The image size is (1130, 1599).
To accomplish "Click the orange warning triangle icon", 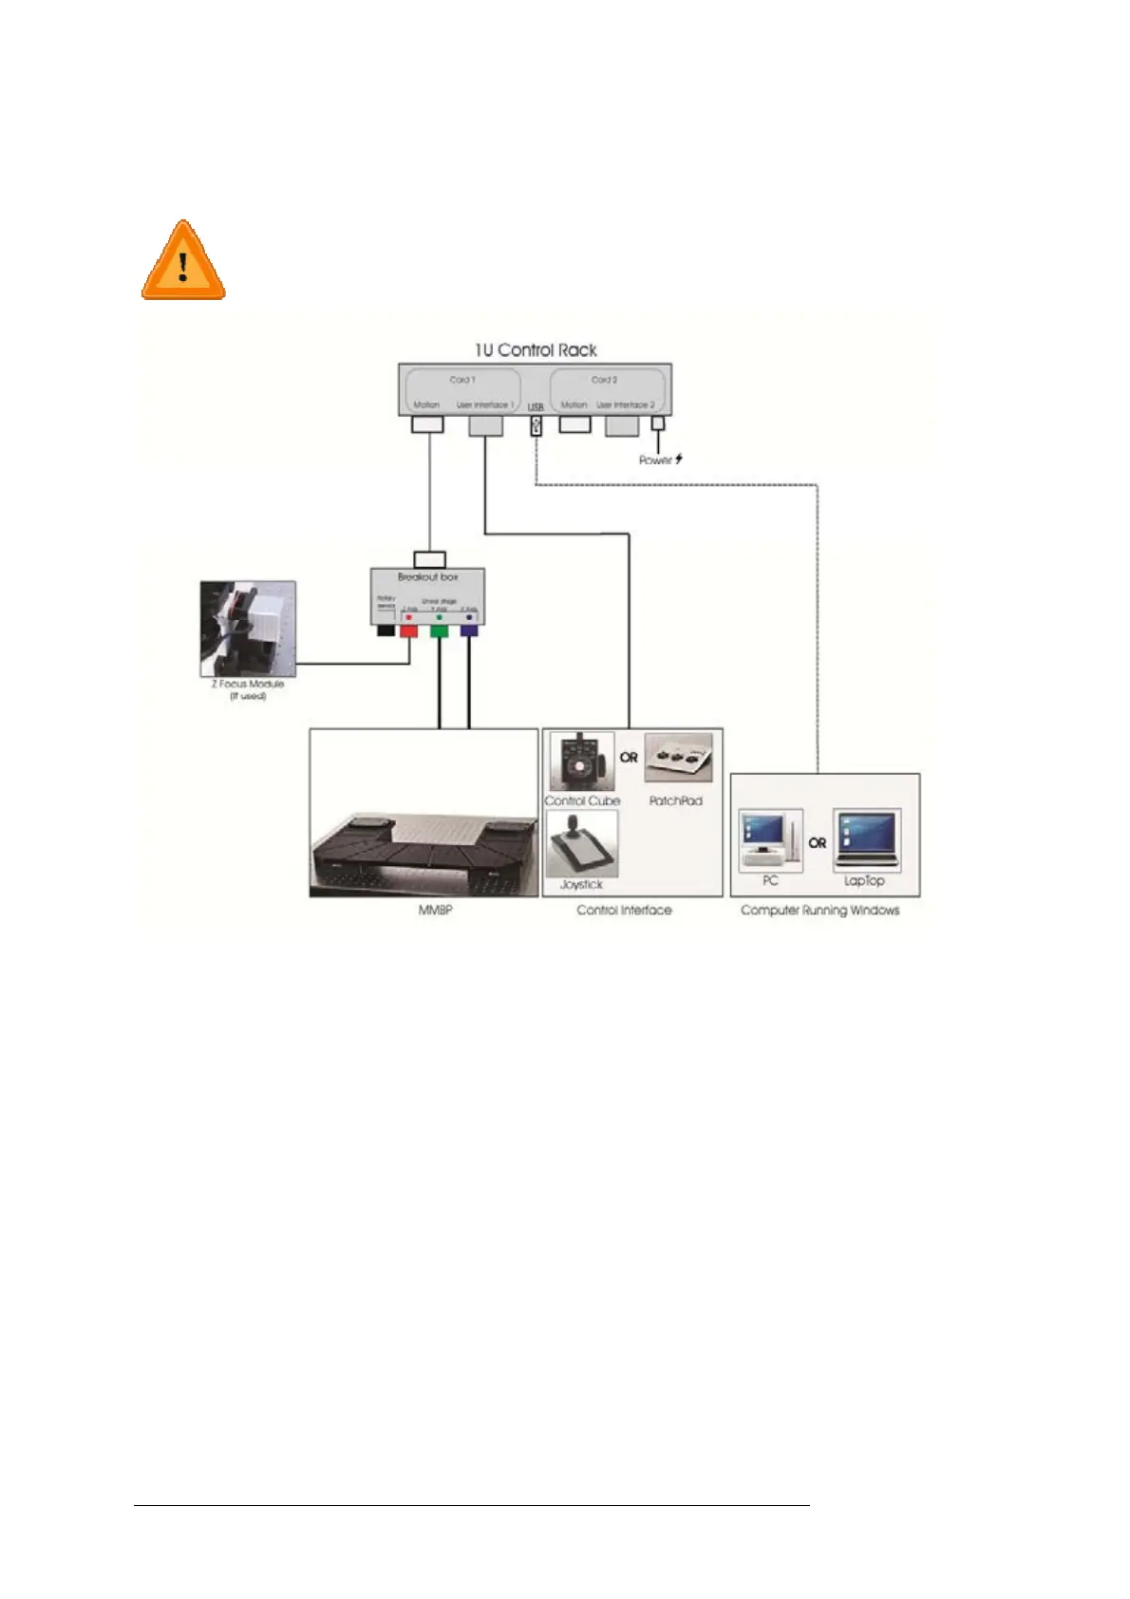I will [183, 262].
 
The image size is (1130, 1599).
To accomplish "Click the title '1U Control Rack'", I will [536, 349].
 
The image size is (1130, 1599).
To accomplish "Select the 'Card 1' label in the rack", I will [462, 380].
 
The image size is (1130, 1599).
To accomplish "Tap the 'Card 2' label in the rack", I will [604, 380].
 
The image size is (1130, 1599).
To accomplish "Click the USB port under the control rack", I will [536, 426].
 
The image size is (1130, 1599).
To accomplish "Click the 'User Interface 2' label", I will [625, 405].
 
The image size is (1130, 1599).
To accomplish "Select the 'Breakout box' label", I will [428, 576].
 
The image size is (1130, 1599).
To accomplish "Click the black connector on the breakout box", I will [386, 630].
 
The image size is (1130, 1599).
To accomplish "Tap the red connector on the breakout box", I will [409, 630].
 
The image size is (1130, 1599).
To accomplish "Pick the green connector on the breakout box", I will [439, 630].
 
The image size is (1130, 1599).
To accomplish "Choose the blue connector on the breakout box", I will [468, 630].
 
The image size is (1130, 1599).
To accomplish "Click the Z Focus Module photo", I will [248, 628].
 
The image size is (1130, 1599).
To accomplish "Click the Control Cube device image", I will [582, 762].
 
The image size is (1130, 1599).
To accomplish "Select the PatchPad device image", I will [678, 759].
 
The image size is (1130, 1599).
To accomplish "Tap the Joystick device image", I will [582, 844].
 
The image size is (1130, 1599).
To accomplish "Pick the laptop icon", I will [866, 840].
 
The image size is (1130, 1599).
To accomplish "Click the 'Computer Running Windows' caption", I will [819, 911].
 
